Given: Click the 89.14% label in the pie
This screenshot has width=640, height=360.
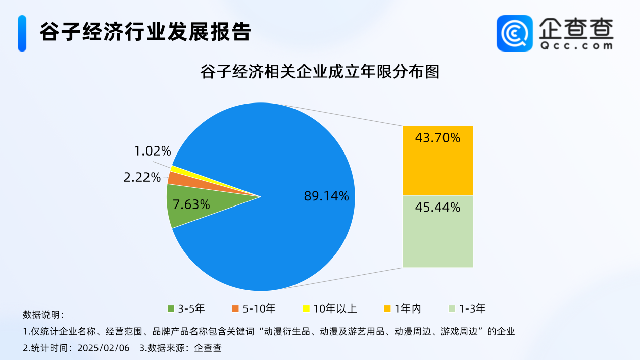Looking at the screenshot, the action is [x=326, y=196].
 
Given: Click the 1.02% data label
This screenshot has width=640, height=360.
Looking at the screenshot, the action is [x=153, y=151].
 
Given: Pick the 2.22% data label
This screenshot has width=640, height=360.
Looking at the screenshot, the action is [x=142, y=177].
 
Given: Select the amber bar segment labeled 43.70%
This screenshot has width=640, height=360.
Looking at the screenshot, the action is [x=438, y=161].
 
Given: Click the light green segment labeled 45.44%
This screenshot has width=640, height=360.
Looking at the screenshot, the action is [x=438, y=231].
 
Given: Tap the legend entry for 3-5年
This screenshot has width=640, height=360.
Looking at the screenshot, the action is [x=186, y=308].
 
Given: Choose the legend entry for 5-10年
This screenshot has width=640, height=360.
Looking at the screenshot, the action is [x=254, y=308].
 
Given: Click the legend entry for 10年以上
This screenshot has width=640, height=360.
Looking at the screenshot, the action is [x=330, y=308].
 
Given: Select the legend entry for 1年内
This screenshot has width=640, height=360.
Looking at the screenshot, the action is [x=403, y=308].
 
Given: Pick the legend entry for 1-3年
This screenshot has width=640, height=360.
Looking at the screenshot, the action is [x=467, y=308].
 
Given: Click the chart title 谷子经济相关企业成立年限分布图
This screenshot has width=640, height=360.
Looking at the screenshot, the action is [x=320, y=71].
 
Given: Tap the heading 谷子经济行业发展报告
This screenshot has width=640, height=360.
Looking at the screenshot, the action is [x=145, y=32].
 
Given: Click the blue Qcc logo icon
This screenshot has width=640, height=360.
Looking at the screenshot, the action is [x=515, y=33].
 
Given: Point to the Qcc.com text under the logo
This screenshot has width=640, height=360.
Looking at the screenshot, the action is [x=576, y=45].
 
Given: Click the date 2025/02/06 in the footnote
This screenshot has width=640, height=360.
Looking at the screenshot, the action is [x=104, y=348].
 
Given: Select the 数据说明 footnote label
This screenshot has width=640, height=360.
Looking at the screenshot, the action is [x=43, y=315].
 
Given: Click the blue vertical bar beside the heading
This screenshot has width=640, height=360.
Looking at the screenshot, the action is [x=22, y=33].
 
